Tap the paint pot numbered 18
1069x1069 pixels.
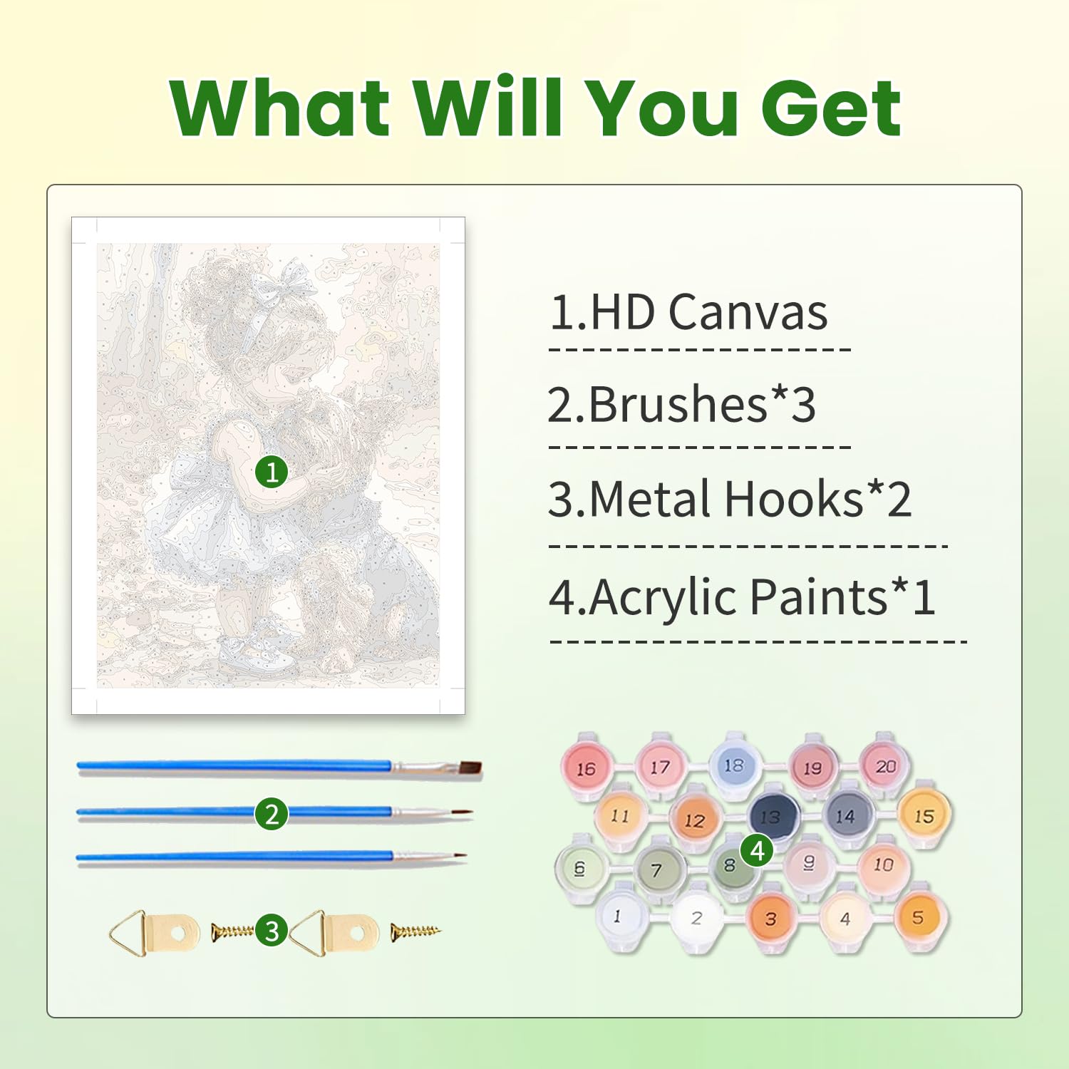pos(734,765)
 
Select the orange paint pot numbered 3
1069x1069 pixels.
pos(771,918)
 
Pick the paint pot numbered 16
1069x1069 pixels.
pos(586,768)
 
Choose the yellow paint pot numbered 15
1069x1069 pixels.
pos(924,815)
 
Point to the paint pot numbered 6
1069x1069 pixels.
pos(580,868)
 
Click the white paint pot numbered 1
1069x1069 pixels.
pos(617,916)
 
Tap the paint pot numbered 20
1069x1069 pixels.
pos(886,766)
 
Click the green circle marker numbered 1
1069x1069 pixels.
pos(272,472)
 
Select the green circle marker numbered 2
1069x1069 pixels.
pos(272,814)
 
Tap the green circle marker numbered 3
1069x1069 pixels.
pos(272,930)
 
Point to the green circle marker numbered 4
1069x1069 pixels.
pos(757,849)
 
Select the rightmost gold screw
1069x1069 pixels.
pos(416,931)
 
